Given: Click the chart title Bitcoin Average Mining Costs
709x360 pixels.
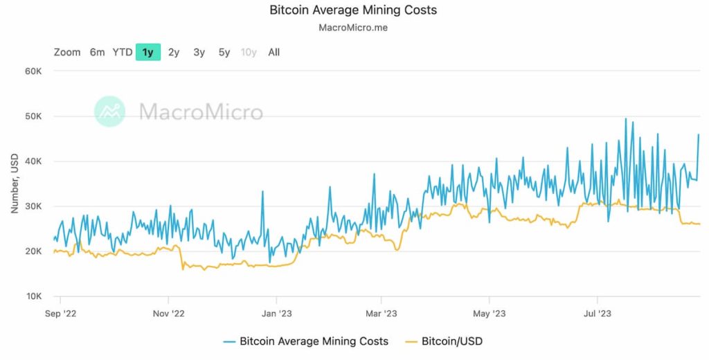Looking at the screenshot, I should tap(353, 10).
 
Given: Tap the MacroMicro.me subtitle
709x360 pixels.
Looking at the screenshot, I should tap(353, 29).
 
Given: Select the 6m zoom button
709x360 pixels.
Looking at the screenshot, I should tap(97, 52).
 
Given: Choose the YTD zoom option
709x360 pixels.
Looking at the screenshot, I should tap(123, 52).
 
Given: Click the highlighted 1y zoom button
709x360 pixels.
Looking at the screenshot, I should tap(148, 52).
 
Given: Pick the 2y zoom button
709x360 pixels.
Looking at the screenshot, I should tap(174, 52).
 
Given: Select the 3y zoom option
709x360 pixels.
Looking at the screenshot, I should tap(199, 52).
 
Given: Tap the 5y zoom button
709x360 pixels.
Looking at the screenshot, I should tap(224, 52).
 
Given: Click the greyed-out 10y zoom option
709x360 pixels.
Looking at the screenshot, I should tap(249, 52).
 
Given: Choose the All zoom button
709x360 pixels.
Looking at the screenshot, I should tap(274, 52).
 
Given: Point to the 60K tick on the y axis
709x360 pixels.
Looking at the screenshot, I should tap(33, 71).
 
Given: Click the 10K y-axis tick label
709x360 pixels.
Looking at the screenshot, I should tap(33, 296).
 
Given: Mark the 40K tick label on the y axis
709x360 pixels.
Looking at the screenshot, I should tap(33, 161).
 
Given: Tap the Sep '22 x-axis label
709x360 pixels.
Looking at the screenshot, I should tap(61, 314).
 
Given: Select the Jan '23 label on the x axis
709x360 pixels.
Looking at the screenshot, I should tap(277, 314).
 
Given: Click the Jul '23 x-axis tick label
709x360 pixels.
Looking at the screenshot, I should tap(598, 314).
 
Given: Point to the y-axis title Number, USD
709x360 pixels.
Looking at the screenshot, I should tap(14, 183).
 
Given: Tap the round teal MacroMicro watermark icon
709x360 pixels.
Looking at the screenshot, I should tap(110, 111).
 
